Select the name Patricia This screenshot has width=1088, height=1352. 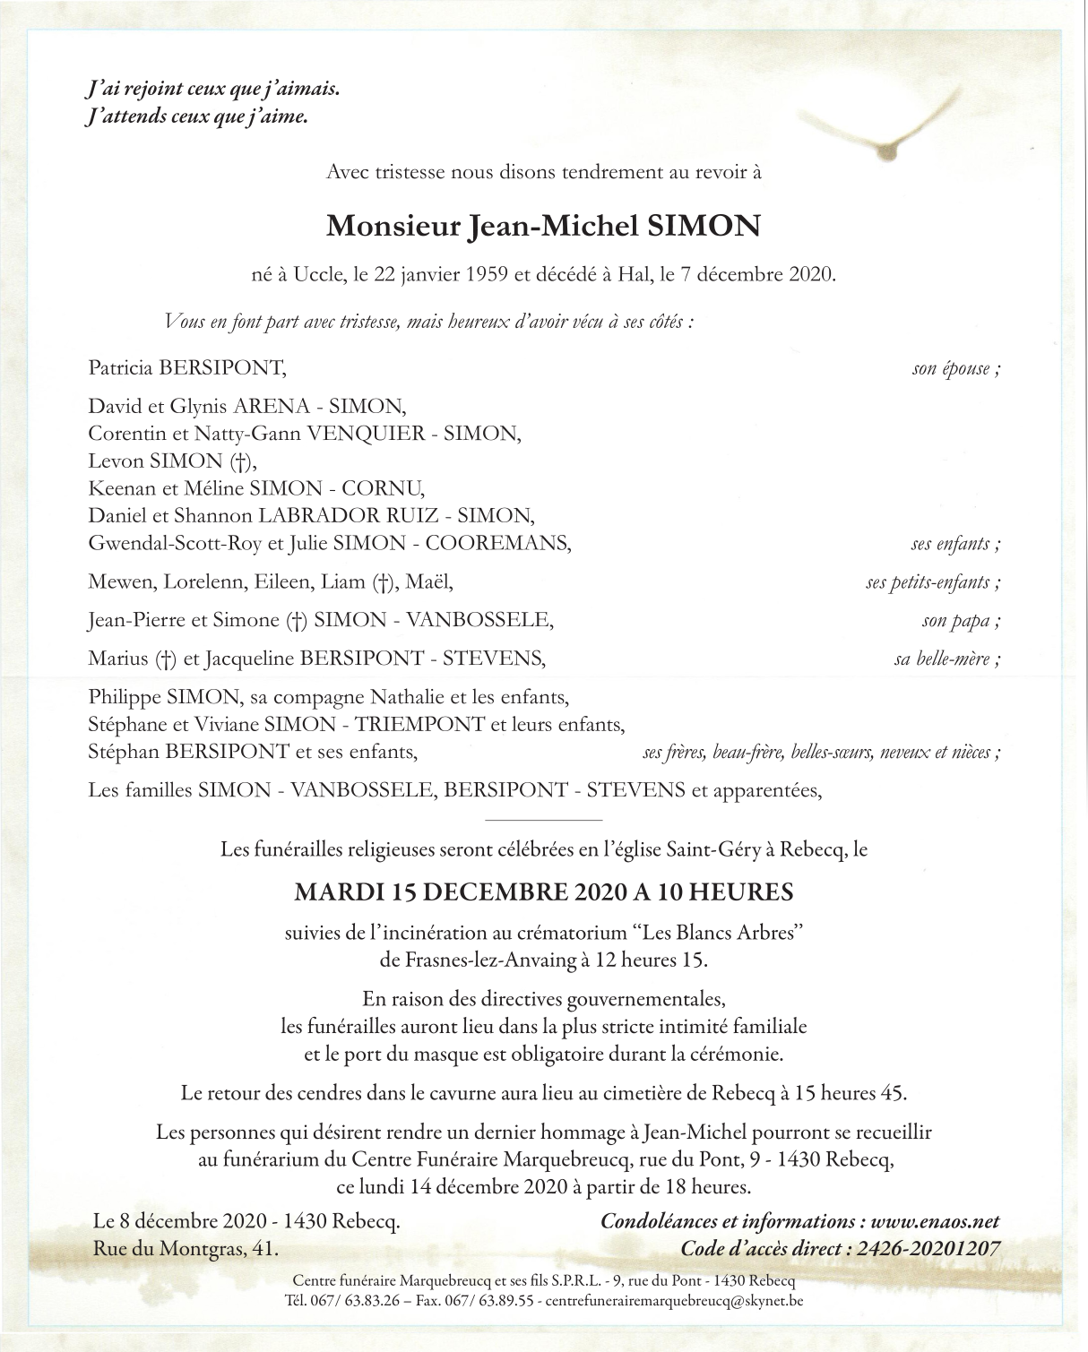(120, 368)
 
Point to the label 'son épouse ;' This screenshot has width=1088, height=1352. (955, 368)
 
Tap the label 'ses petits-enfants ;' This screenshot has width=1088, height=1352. (932, 582)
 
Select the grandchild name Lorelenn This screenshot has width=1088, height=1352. (202, 581)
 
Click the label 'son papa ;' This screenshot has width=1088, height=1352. (961, 620)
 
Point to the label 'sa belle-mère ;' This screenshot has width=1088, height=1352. (946, 660)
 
